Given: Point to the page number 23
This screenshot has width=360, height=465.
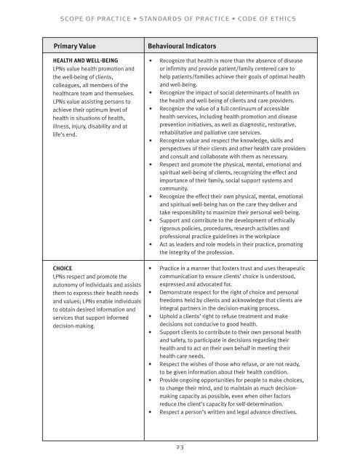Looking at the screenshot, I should click(180, 449).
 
